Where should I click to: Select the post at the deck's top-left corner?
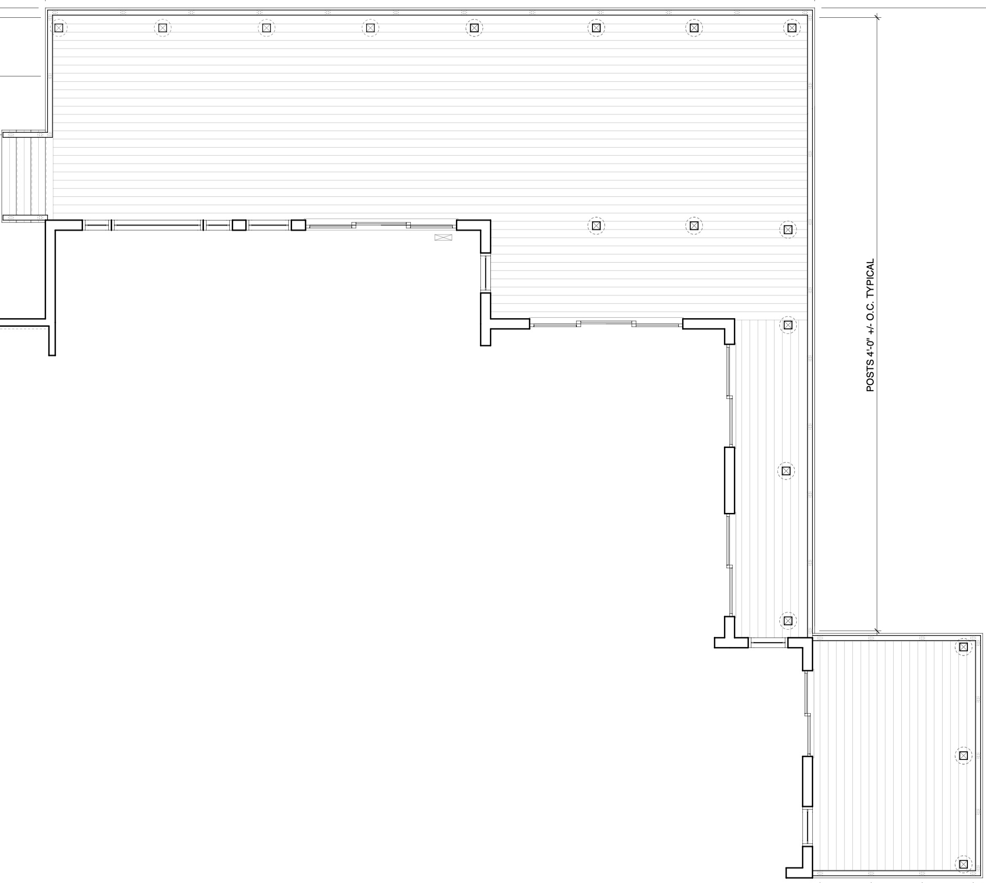click(59, 28)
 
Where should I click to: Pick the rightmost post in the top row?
click(791, 28)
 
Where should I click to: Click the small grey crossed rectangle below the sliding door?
click(443, 237)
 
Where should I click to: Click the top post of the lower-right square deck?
click(963, 647)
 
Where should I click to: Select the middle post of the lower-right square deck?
click(963, 755)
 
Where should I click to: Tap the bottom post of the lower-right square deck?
click(963, 864)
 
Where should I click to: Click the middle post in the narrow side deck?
click(786, 471)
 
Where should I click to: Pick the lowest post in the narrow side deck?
click(788, 620)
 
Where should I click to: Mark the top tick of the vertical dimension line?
click(877, 17)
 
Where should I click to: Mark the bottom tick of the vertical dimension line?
click(877, 631)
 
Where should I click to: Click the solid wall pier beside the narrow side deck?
click(729, 480)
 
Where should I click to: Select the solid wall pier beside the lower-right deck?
click(807, 781)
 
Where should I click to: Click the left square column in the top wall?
click(239, 225)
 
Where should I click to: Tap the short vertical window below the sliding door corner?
click(485, 273)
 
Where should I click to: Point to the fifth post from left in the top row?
click(474, 28)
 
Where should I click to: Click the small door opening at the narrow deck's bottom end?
click(768, 643)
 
